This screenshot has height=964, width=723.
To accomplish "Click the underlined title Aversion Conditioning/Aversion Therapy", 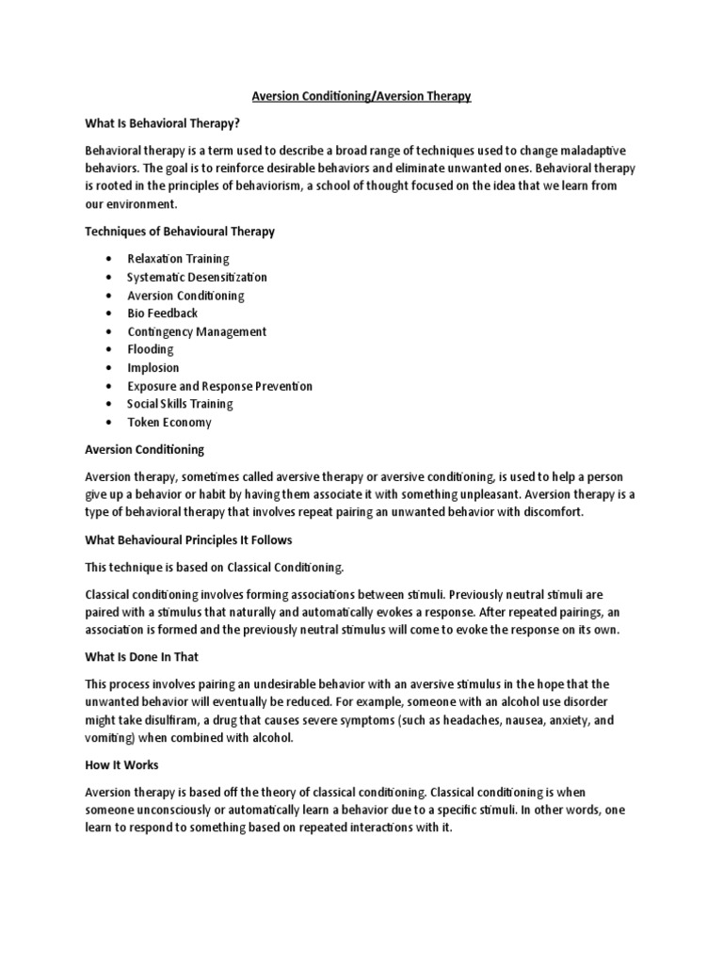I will click(x=361, y=96).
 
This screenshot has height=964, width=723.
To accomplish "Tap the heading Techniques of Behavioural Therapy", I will click(x=180, y=231).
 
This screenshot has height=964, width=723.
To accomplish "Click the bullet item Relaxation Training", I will click(x=178, y=258).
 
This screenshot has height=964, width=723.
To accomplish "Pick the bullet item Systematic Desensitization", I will click(x=197, y=277).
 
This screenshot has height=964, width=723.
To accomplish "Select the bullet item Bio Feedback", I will click(x=163, y=313).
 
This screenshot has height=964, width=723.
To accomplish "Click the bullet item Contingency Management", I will click(x=197, y=331).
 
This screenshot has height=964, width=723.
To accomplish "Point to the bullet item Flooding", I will click(x=151, y=349).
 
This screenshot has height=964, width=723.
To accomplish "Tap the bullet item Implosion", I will click(x=153, y=367).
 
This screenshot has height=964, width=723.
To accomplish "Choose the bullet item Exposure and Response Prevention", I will click(x=219, y=386).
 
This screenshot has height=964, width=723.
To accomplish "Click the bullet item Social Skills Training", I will click(x=180, y=404).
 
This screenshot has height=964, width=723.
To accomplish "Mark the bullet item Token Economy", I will click(x=169, y=423).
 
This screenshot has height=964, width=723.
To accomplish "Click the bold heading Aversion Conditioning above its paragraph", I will click(x=144, y=450).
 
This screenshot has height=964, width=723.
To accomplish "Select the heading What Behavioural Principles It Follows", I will click(x=188, y=540).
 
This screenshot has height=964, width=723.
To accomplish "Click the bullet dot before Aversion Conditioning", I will click(x=110, y=295).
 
